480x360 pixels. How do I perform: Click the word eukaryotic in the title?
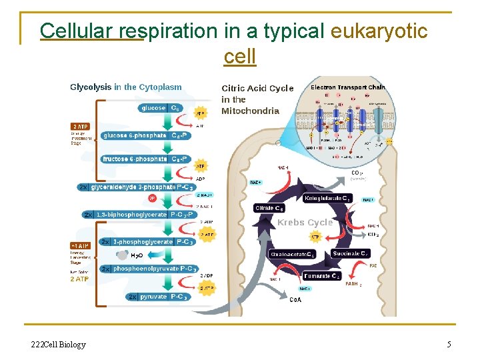379,31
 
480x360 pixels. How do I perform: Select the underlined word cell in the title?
240,57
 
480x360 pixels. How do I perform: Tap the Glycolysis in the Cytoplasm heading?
126,87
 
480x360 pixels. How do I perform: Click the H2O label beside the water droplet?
137,255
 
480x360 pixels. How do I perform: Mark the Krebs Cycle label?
305,223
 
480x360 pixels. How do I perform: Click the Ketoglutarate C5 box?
327,199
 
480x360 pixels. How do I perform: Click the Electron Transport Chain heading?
347,87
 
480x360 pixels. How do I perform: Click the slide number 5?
449,344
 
